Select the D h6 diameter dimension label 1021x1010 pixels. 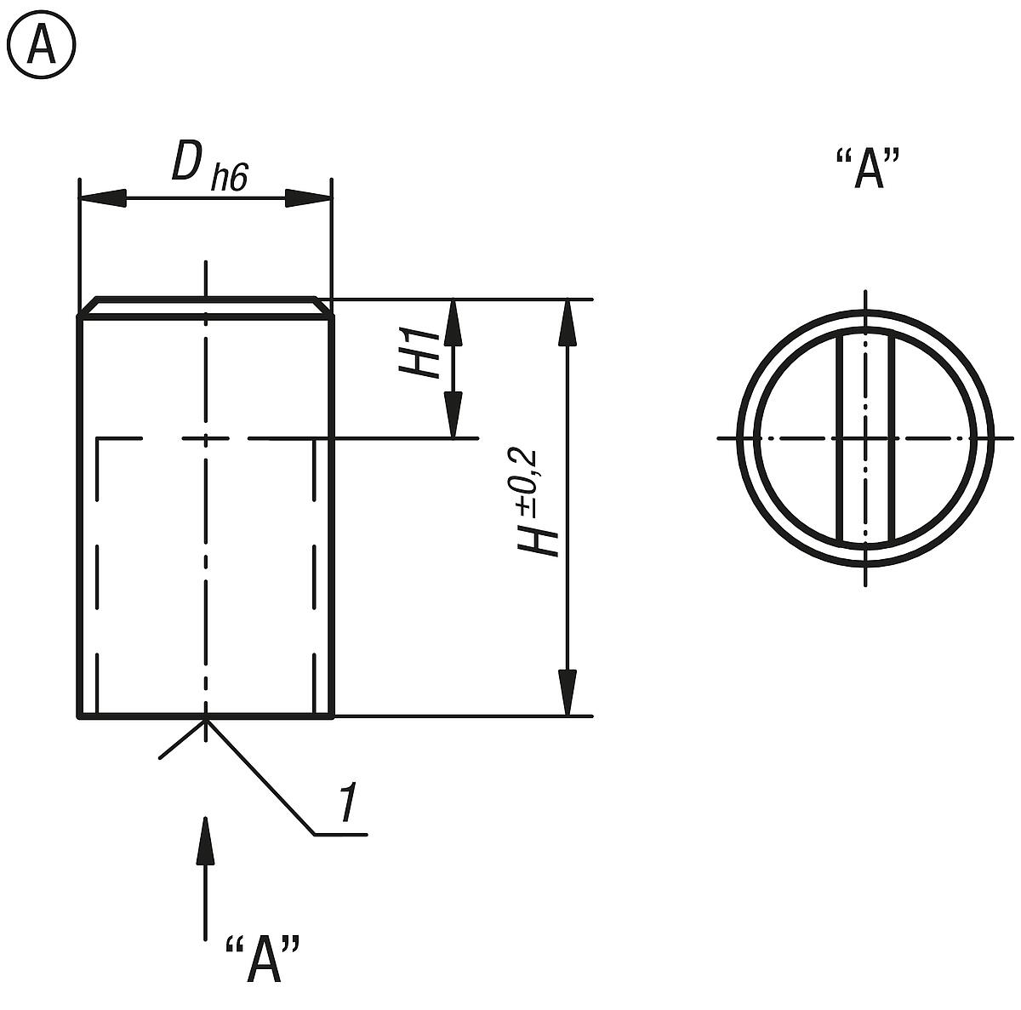(208, 163)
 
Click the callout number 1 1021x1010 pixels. (346, 803)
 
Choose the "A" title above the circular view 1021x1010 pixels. (868, 169)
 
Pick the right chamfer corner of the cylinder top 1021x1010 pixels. (324, 307)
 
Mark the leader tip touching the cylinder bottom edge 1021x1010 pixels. (205, 720)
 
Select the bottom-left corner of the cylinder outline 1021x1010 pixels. (80, 716)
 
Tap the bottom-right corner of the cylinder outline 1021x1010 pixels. (332, 716)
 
